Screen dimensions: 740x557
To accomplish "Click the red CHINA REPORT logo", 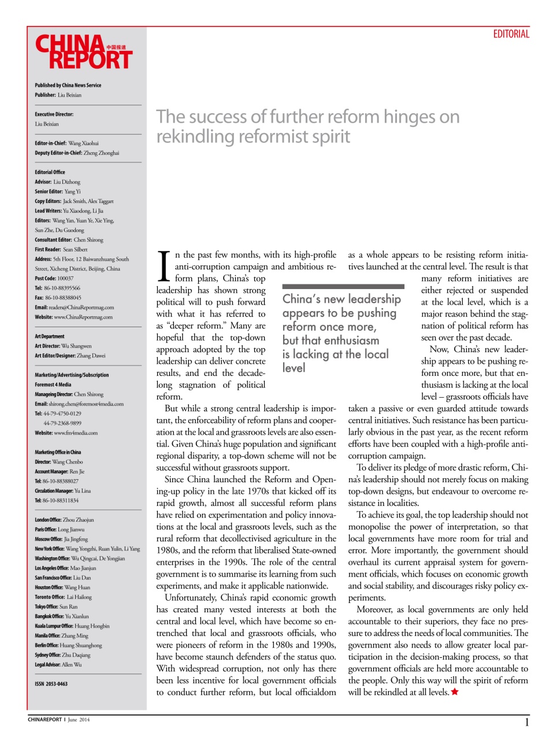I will (84, 53).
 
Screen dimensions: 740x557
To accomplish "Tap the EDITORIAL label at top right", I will (511, 34).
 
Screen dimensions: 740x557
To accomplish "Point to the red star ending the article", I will (455, 692).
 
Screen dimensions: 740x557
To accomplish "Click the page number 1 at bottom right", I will (526, 722).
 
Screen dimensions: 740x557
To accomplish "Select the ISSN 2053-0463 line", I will (51, 684).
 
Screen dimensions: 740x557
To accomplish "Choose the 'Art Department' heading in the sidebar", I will (50, 336).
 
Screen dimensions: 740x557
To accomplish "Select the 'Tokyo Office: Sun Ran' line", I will (56, 607).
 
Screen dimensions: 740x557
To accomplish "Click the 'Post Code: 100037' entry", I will (54, 279).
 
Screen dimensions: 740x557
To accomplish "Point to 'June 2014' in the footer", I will (79, 720).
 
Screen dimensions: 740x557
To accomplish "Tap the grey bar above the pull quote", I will (343, 287).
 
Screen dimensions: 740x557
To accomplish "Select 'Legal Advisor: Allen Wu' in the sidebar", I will (58, 665).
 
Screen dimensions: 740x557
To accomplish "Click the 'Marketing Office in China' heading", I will (58, 453).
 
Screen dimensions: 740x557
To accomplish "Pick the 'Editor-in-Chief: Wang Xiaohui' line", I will (66, 143).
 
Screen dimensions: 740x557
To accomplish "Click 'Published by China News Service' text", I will (68, 86).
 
